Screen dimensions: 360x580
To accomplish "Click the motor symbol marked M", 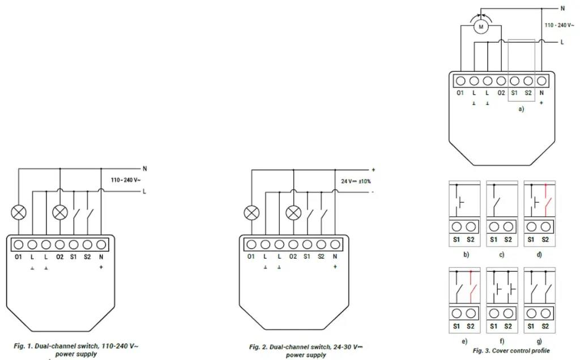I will (481, 27).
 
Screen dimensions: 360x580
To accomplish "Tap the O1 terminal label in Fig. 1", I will (18, 257).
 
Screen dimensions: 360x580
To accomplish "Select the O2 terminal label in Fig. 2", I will (293, 256).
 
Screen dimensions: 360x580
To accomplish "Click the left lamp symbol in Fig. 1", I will (19, 212).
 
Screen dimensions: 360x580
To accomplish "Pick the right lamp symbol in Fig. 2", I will (293, 212).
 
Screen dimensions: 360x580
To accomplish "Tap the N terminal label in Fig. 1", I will (101, 257).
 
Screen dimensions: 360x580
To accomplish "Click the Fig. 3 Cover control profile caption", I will (511, 351).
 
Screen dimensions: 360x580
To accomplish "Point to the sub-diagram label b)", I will (466, 255).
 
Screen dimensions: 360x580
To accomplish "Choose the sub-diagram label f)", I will (501, 340).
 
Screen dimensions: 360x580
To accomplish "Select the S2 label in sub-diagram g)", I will (545, 326).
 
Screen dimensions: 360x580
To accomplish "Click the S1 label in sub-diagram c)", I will (494, 240).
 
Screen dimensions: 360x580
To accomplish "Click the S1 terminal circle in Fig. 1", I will (74, 245).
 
